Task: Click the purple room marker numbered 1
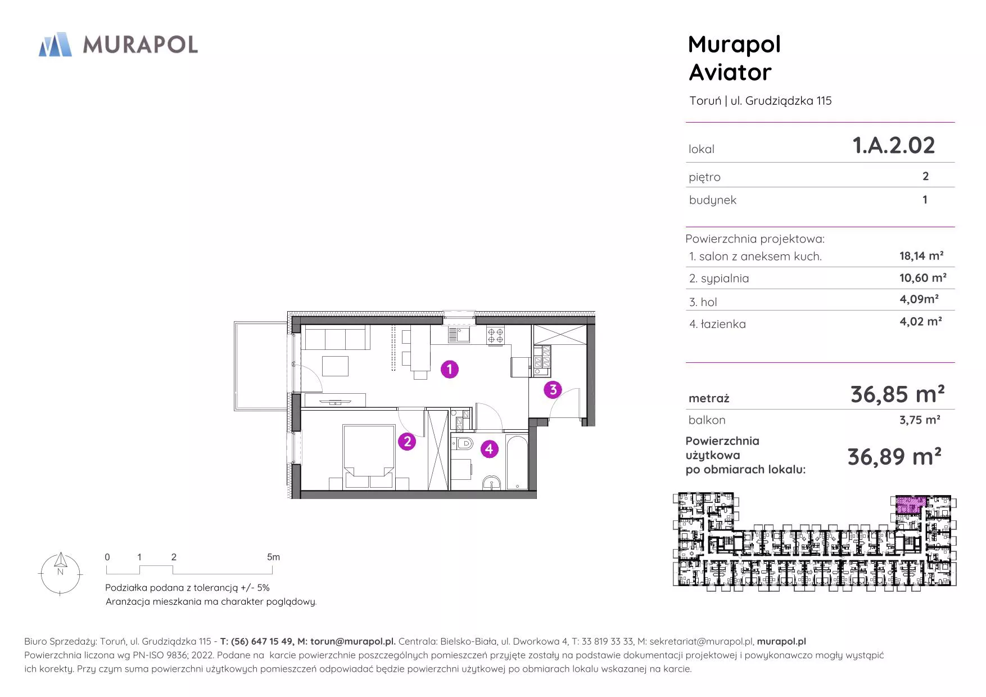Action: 449,369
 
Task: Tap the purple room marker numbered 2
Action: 407,442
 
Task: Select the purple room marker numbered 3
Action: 553,389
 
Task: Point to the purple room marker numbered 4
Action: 489,449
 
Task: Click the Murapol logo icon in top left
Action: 55,44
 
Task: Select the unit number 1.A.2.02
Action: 894,145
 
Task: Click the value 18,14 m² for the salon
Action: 921,256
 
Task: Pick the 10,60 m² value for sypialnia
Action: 923,278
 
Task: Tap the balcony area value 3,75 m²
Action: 920,420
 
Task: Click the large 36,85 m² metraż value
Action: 897,394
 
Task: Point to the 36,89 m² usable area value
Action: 894,457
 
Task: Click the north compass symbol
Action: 60,573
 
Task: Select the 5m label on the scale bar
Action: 273,557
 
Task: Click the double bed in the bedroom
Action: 368,456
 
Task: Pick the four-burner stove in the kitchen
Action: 495,335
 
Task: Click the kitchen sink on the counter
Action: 459,335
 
